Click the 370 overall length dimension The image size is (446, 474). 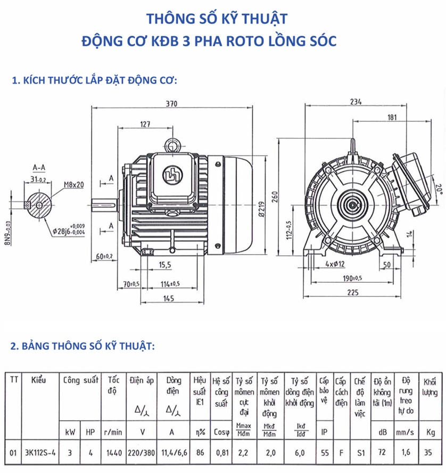171,104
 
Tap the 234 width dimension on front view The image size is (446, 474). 357,102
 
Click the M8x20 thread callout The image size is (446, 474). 74,184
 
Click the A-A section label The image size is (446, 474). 38,167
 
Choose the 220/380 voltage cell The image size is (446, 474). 142,454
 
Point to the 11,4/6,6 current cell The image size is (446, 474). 174,454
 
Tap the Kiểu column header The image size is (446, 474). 38,380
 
